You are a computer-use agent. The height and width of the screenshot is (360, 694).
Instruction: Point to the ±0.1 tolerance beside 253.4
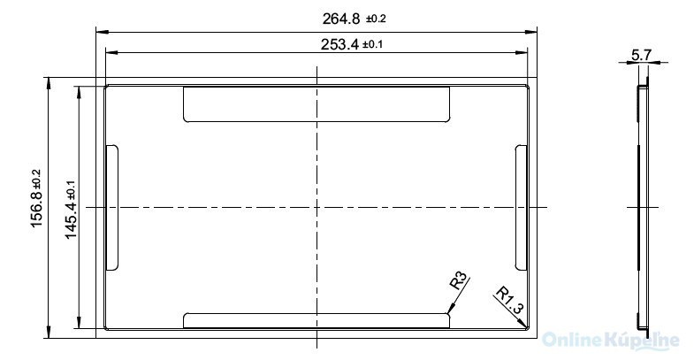point(372,45)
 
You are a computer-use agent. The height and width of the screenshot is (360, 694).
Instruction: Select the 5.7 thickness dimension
point(641,55)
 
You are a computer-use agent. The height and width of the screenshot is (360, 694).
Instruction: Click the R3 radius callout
point(459,282)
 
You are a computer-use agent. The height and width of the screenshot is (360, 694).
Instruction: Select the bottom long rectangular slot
point(316,319)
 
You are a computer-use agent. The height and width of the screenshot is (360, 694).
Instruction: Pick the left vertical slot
point(111,208)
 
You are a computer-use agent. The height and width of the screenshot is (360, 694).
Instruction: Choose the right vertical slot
point(521,205)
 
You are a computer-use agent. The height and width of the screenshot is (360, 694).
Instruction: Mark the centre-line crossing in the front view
point(316,207)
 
